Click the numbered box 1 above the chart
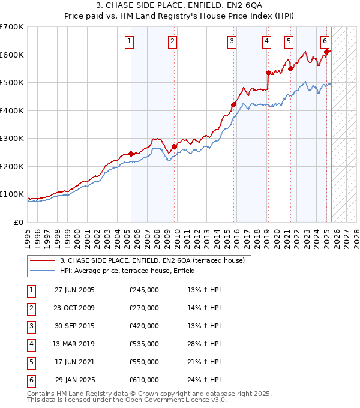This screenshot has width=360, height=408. tap(130, 41)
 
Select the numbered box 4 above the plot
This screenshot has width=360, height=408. tap(266, 41)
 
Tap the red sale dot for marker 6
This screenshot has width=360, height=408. tap(326, 52)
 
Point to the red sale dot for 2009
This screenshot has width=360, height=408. tap(174, 146)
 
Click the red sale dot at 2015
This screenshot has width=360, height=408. tap(233, 104)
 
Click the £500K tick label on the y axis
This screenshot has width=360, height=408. tap(11, 83)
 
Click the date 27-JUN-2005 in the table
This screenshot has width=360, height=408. tap(74, 290)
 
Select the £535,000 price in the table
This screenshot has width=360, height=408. tap(143, 344)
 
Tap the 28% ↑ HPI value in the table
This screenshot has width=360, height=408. tap(204, 344)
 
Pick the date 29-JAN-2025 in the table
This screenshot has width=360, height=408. tap(74, 380)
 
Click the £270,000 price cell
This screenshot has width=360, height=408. tap(143, 308)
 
